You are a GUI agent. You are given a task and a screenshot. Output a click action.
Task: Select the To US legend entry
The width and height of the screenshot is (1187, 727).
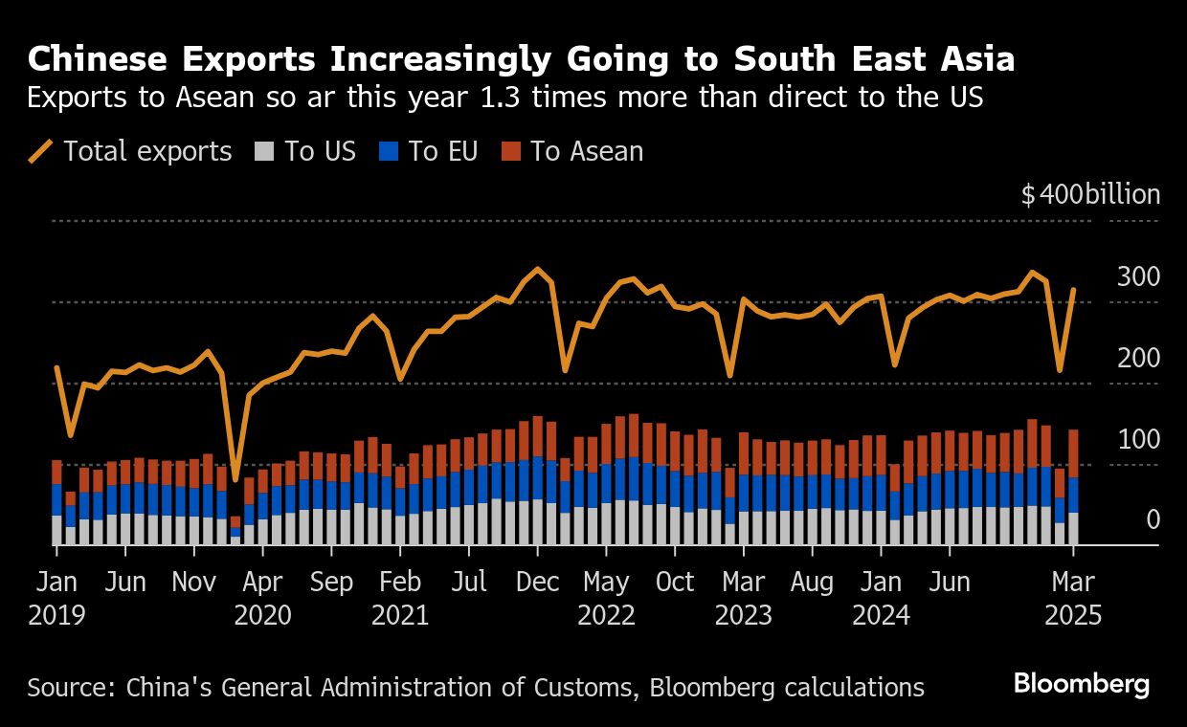point(306,151)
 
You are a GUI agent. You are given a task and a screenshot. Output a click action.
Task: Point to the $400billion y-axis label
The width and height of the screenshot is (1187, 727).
point(1090,195)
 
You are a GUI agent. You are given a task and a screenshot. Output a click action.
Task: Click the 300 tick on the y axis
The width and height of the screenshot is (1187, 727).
point(1138,277)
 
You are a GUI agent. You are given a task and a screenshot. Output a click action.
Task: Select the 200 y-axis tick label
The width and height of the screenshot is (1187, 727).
point(1138,359)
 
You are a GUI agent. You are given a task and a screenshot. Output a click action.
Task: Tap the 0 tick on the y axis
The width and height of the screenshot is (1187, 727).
point(1153,520)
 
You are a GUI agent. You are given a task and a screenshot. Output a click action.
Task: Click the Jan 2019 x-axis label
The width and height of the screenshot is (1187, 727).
point(56,598)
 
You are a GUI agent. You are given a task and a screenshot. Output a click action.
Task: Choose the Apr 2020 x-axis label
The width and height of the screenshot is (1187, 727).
point(263,598)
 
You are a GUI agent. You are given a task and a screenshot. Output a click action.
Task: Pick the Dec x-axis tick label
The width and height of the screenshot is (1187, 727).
point(538,583)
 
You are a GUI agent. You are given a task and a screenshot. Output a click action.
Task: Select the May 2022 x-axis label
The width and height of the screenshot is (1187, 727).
point(606,598)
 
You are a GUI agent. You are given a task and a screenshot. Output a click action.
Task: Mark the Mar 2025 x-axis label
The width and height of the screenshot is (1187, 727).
point(1073,598)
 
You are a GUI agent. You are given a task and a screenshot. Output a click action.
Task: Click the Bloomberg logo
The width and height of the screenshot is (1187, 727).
point(1082,685)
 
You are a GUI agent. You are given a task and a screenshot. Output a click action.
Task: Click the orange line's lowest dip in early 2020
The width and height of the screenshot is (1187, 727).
point(235,479)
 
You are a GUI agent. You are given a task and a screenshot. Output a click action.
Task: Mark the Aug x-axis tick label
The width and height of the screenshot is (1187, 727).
point(813,583)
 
